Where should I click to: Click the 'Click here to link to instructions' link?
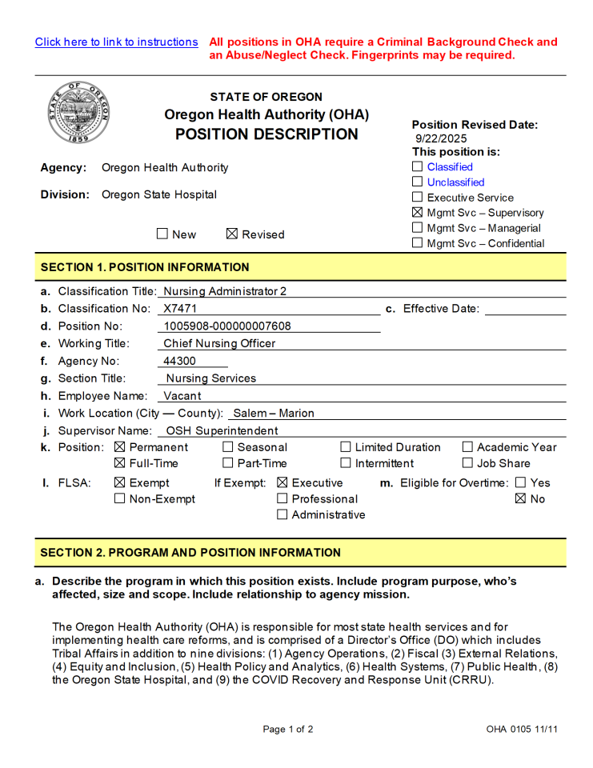[x=116, y=42]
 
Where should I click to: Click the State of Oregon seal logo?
[x=78, y=112]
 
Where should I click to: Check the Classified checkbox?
[x=417, y=167]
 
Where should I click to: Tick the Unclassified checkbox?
[x=417, y=182]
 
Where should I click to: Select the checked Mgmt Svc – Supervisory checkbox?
[x=417, y=213]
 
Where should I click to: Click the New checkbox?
[x=162, y=234]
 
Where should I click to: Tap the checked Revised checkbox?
[x=232, y=234]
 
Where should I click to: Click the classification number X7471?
[x=180, y=309]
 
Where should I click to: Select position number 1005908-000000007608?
[x=227, y=326]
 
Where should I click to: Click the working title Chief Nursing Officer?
[x=219, y=344]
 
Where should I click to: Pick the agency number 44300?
[x=179, y=362]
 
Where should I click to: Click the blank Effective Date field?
[x=525, y=309]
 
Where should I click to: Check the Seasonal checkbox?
[x=228, y=447]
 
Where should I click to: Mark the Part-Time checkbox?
[x=228, y=463]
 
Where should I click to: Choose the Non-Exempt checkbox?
[x=120, y=498]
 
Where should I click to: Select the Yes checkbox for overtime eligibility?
[x=521, y=482]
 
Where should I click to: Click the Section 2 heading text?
[x=190, y=553]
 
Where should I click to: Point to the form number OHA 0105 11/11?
[x=521, y=729]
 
